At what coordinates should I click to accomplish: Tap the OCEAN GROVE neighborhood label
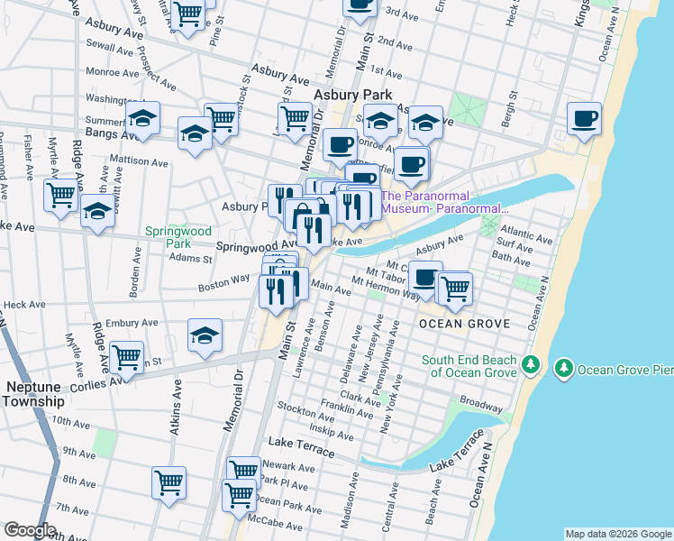click(463, 323)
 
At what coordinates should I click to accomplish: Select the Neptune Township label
click(34, 393)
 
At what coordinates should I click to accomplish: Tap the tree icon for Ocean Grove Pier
click(564, 368)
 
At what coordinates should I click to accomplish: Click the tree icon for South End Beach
click(531, 364)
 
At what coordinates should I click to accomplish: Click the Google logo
click(29, 530)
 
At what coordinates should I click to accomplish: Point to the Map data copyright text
click(617, 534)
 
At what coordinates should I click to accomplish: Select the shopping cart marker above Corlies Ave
click(126, 358)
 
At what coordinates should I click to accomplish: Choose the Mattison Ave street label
click(139, 164)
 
